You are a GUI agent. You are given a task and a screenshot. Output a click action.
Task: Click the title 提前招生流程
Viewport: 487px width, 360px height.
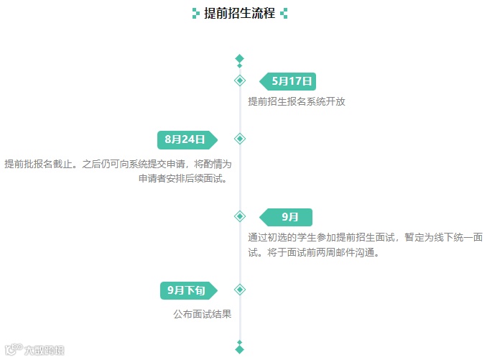(x=239, y=13)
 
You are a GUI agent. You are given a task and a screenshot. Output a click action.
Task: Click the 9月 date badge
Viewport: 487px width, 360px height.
(x=289, y=217)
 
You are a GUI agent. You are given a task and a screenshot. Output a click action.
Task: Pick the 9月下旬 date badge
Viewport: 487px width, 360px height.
(x=187, y=290)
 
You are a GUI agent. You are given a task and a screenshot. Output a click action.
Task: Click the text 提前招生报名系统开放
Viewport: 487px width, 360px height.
(x=297, y=101)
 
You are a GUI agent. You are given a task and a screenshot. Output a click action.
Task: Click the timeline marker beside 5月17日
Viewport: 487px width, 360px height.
(x=240, y=80)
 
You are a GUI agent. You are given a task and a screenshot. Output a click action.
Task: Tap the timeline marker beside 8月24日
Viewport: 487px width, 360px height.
(x=240, y=139)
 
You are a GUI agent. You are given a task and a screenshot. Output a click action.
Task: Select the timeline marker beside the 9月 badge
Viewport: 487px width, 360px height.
(x=240, y=216)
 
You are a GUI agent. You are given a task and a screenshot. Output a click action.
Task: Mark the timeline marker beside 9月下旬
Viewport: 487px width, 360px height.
(x=240, y=290)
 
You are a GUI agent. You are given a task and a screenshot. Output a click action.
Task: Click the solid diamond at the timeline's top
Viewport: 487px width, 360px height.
(x=240, y=59)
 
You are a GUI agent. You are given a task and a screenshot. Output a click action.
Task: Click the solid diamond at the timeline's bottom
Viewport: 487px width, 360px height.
(x=240, y=349)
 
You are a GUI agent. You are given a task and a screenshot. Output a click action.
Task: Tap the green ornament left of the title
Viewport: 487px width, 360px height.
(x=195, y=13)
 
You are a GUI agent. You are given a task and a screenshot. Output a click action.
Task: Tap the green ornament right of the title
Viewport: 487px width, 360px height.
(x=284, y=13)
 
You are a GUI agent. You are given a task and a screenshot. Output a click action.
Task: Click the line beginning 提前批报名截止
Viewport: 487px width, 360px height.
(x=118, y=164)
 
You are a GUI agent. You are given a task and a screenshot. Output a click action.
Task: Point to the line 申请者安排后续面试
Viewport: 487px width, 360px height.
(x=183, y=179)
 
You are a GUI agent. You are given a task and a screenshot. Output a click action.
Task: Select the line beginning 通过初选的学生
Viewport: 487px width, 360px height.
(x=365, y=238)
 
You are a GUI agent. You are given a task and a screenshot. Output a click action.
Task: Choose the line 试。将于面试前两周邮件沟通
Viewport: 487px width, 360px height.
(x=312, y=253)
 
